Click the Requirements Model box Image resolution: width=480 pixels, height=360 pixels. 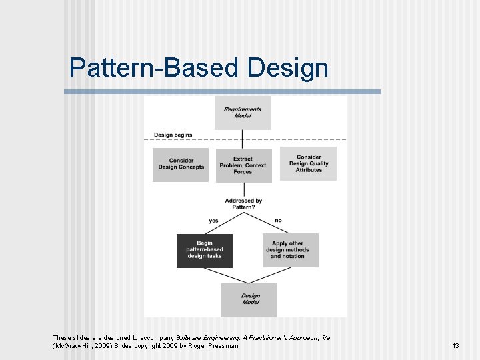(x=243, y=113)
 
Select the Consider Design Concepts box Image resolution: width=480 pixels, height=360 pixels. (x=181, y=164)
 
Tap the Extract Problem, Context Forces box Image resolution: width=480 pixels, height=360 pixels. (x=243, y=165)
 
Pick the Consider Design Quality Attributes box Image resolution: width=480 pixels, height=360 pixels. (x=309, y=163)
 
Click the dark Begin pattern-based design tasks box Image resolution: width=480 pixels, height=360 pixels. (x=205, y=250)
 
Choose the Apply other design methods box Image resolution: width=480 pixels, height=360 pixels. (x=290, y=250)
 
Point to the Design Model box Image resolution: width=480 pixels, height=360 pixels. (x=249, y=299)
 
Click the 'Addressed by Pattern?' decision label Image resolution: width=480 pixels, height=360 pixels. (x=243, y=204)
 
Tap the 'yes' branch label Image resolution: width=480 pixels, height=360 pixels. (x=213, y=221)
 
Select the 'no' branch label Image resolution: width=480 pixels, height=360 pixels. (x=278, y=221)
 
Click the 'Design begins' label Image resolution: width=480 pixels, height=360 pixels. (x=173, y=135)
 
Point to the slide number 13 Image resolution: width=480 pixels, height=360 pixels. (x=455, y=345)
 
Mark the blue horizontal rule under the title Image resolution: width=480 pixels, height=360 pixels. (x=222, y=92)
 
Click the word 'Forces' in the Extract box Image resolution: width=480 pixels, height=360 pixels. (x=243, y=172)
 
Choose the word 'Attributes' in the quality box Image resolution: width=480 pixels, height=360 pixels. (x=309, y=170)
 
